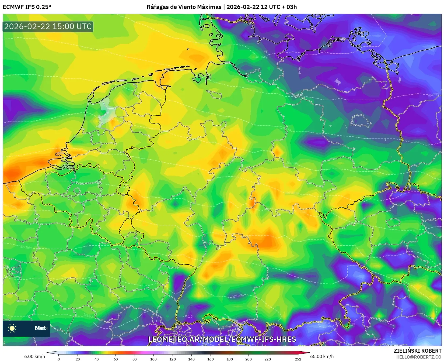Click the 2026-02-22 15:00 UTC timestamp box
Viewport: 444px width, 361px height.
click(x=48, y=26)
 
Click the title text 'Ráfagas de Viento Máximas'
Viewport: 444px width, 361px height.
click(x=184, y=7)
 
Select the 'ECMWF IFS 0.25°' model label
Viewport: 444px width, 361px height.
click(x=27, y=7)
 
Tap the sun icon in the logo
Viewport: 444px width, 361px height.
click(x=12, y=328)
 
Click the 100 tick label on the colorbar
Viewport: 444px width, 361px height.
click(x=153, y=359)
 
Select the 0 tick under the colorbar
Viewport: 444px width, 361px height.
click(x=59, y=359)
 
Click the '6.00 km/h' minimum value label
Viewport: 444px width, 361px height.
click(x=34, y=356)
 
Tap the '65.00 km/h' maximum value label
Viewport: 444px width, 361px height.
click(x=322, y=356)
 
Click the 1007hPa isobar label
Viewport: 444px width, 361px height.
click(x=261, y=57)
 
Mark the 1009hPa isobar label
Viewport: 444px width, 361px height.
click(x=433, y=95)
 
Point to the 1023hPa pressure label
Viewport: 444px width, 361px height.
click(x=238, y=296)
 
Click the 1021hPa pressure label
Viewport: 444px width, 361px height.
click(x=26, y=247)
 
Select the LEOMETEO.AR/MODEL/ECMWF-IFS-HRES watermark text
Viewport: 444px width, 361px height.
click(x=222, y=339)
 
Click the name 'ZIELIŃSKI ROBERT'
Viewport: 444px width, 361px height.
click(x=417, y=351)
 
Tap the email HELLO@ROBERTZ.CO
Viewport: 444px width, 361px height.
click(x=418, y=357)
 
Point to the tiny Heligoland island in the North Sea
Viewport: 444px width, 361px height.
click(x=188, y=49)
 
